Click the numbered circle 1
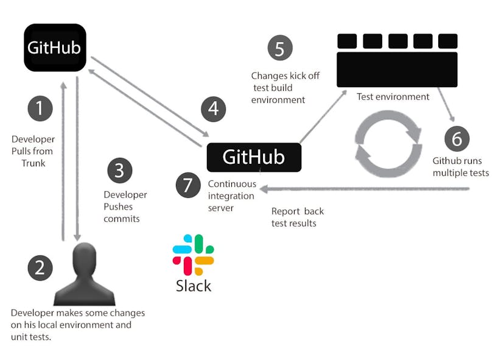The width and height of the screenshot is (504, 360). [40, 109]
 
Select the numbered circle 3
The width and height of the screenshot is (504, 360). [120, 171]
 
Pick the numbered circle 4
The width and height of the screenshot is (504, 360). [213, 109]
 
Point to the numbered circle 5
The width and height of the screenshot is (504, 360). [279, 48]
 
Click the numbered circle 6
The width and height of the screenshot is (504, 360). [457, 138]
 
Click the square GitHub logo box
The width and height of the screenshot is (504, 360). [55, 48]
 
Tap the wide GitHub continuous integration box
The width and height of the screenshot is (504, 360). [254, 157]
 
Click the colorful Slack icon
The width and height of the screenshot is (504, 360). [193, 255]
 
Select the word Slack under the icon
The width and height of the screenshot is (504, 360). [193, 285]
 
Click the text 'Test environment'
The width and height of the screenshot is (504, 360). [393, 97]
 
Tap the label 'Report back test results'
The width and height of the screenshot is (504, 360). [297, 217]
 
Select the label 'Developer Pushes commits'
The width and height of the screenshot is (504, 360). [125, 206]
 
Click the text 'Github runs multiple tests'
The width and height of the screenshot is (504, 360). [460, 167]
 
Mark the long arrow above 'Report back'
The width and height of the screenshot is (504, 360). [365, 189]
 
